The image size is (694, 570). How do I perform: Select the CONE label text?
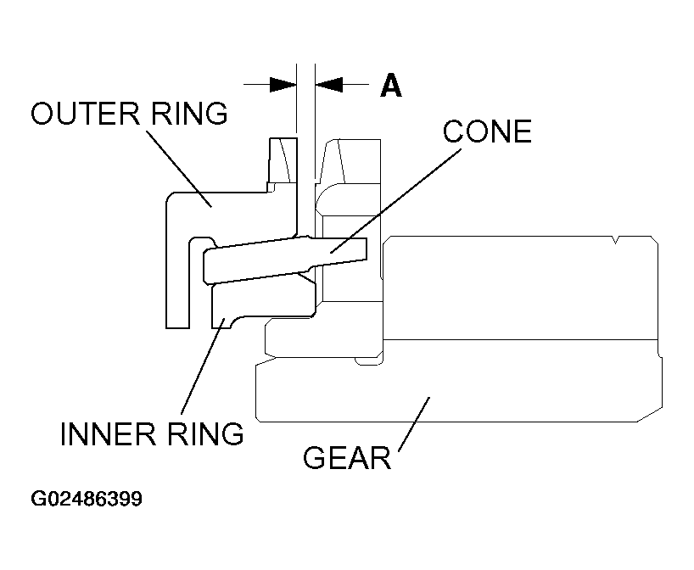(487, 131)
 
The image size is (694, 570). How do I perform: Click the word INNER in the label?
(104, 433)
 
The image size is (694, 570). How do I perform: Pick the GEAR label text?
(347, 458)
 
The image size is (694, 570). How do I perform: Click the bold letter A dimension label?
(390, 86)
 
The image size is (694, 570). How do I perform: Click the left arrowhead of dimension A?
(283, 84)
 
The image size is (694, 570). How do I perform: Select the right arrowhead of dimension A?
(328, 84)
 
